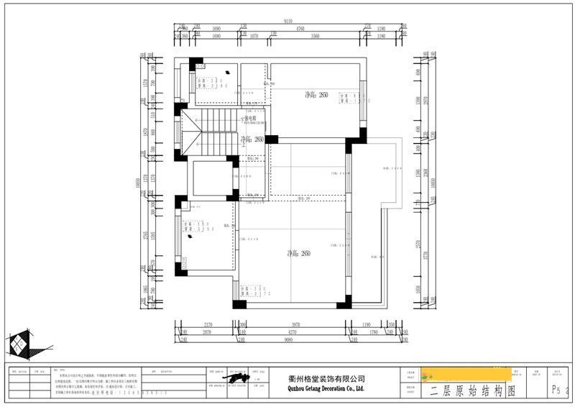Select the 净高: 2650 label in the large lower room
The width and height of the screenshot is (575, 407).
[298, 253]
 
